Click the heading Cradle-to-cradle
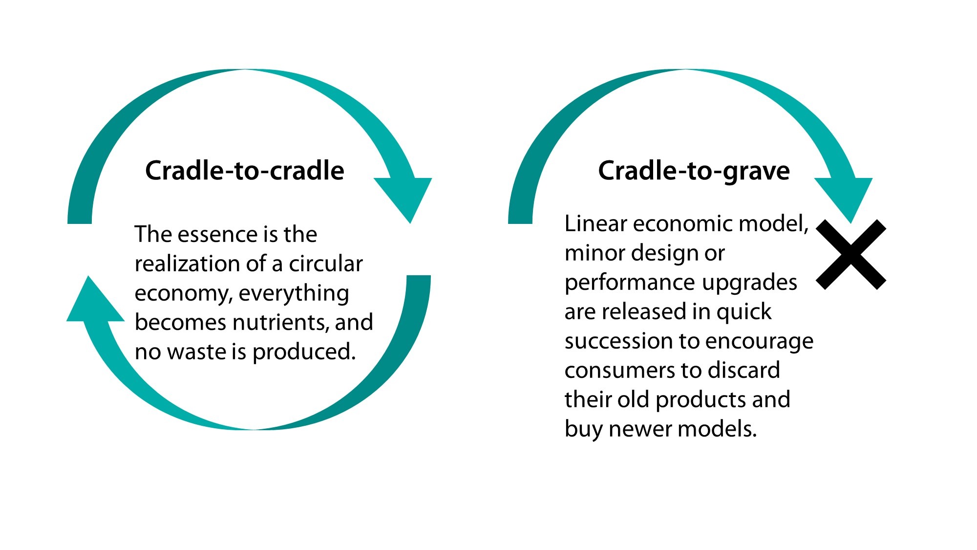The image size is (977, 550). pyautogui.click(x=245, y=171)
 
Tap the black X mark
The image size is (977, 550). pyautogui.click(x=851, y=255)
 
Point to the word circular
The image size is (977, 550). pyautogui.click(x=326, y=264)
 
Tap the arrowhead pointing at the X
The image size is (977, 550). pyautogui.click(x=844, y=200)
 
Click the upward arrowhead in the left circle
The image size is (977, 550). pyautogui.click(x=95, y=298)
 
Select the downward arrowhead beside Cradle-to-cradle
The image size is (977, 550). pyautogui.click(x=403, y=200)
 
